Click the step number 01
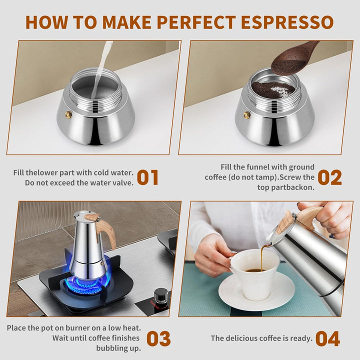(x=147, y=177)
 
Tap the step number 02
(x=329, y=177)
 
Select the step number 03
(x=158, y=338)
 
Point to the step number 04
(x=327, y=338)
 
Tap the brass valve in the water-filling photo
(x=68, y=115)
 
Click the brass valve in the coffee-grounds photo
(x=246, y=115)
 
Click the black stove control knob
(x=160, y=296)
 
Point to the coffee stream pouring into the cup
(x=261, y=257)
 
